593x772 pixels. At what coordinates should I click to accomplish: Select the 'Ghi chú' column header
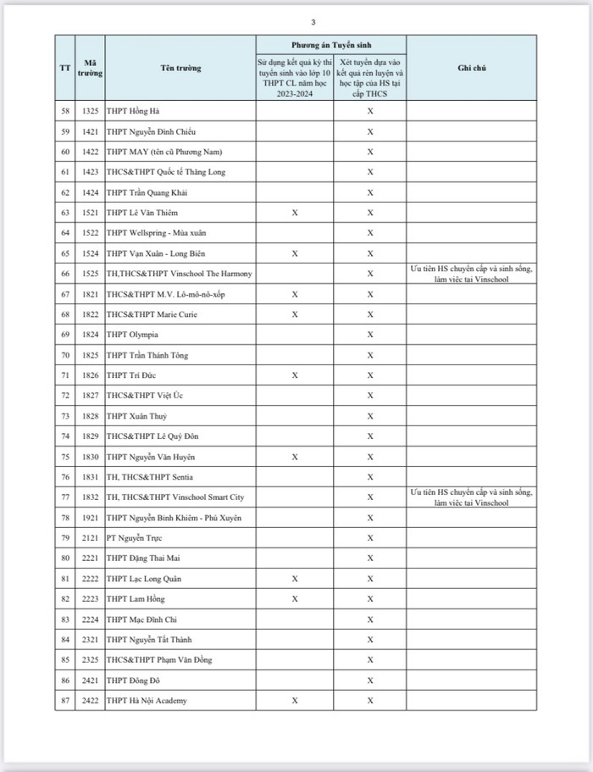[x=470, y=68]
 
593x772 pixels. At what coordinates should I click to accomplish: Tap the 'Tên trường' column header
[x=180, y=68]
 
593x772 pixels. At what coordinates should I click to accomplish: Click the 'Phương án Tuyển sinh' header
[x=331, y=44]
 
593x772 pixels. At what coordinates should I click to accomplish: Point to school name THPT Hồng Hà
[x=134, y=111]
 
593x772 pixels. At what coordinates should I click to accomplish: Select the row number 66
[x=65, y=274]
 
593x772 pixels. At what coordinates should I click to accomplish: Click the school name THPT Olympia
[x=132, y=335]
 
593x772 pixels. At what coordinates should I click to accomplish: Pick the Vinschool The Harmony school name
[x=179, y=274]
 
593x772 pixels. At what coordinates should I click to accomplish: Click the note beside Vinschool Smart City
[x=470, y=497]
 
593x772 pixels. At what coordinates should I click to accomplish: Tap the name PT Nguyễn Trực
[x=134, y=538]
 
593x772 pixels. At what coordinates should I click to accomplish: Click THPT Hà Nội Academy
[x=147, y=701]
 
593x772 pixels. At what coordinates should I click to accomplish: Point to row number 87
[x=65, y=701]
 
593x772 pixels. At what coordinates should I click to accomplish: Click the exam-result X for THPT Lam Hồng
[x=294, y=599]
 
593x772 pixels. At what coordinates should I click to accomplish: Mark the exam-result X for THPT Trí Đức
[x=294, y=375]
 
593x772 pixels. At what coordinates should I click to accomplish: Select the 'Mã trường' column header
[x=91, y=68]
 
